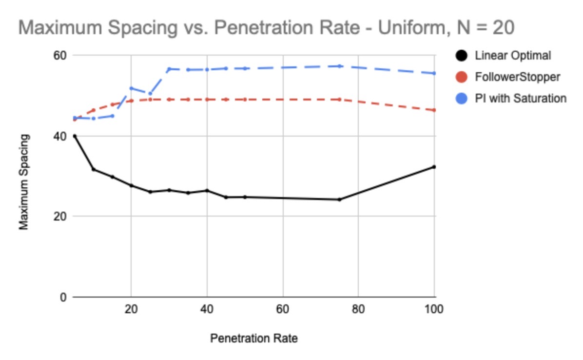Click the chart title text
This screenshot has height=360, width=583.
click(266, 28)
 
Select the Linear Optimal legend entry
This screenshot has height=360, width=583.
click(512, 56)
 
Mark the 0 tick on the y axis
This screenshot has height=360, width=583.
click(63, 297)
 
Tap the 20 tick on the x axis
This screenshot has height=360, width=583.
click(131, 309)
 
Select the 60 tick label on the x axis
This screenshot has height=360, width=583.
click(283, 309)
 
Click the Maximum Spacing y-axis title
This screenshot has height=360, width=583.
click(24, 182)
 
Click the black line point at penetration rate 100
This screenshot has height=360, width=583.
click(434, 167)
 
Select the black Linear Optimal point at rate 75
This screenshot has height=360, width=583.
click(339, 200)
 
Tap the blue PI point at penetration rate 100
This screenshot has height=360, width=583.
click(434, 73)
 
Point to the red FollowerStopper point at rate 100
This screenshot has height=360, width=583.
click(434, 110)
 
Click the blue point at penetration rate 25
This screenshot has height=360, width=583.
click(150, 93)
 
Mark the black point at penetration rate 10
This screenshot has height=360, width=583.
click(93, 169)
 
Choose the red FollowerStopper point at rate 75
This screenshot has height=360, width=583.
click(339, 100)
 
